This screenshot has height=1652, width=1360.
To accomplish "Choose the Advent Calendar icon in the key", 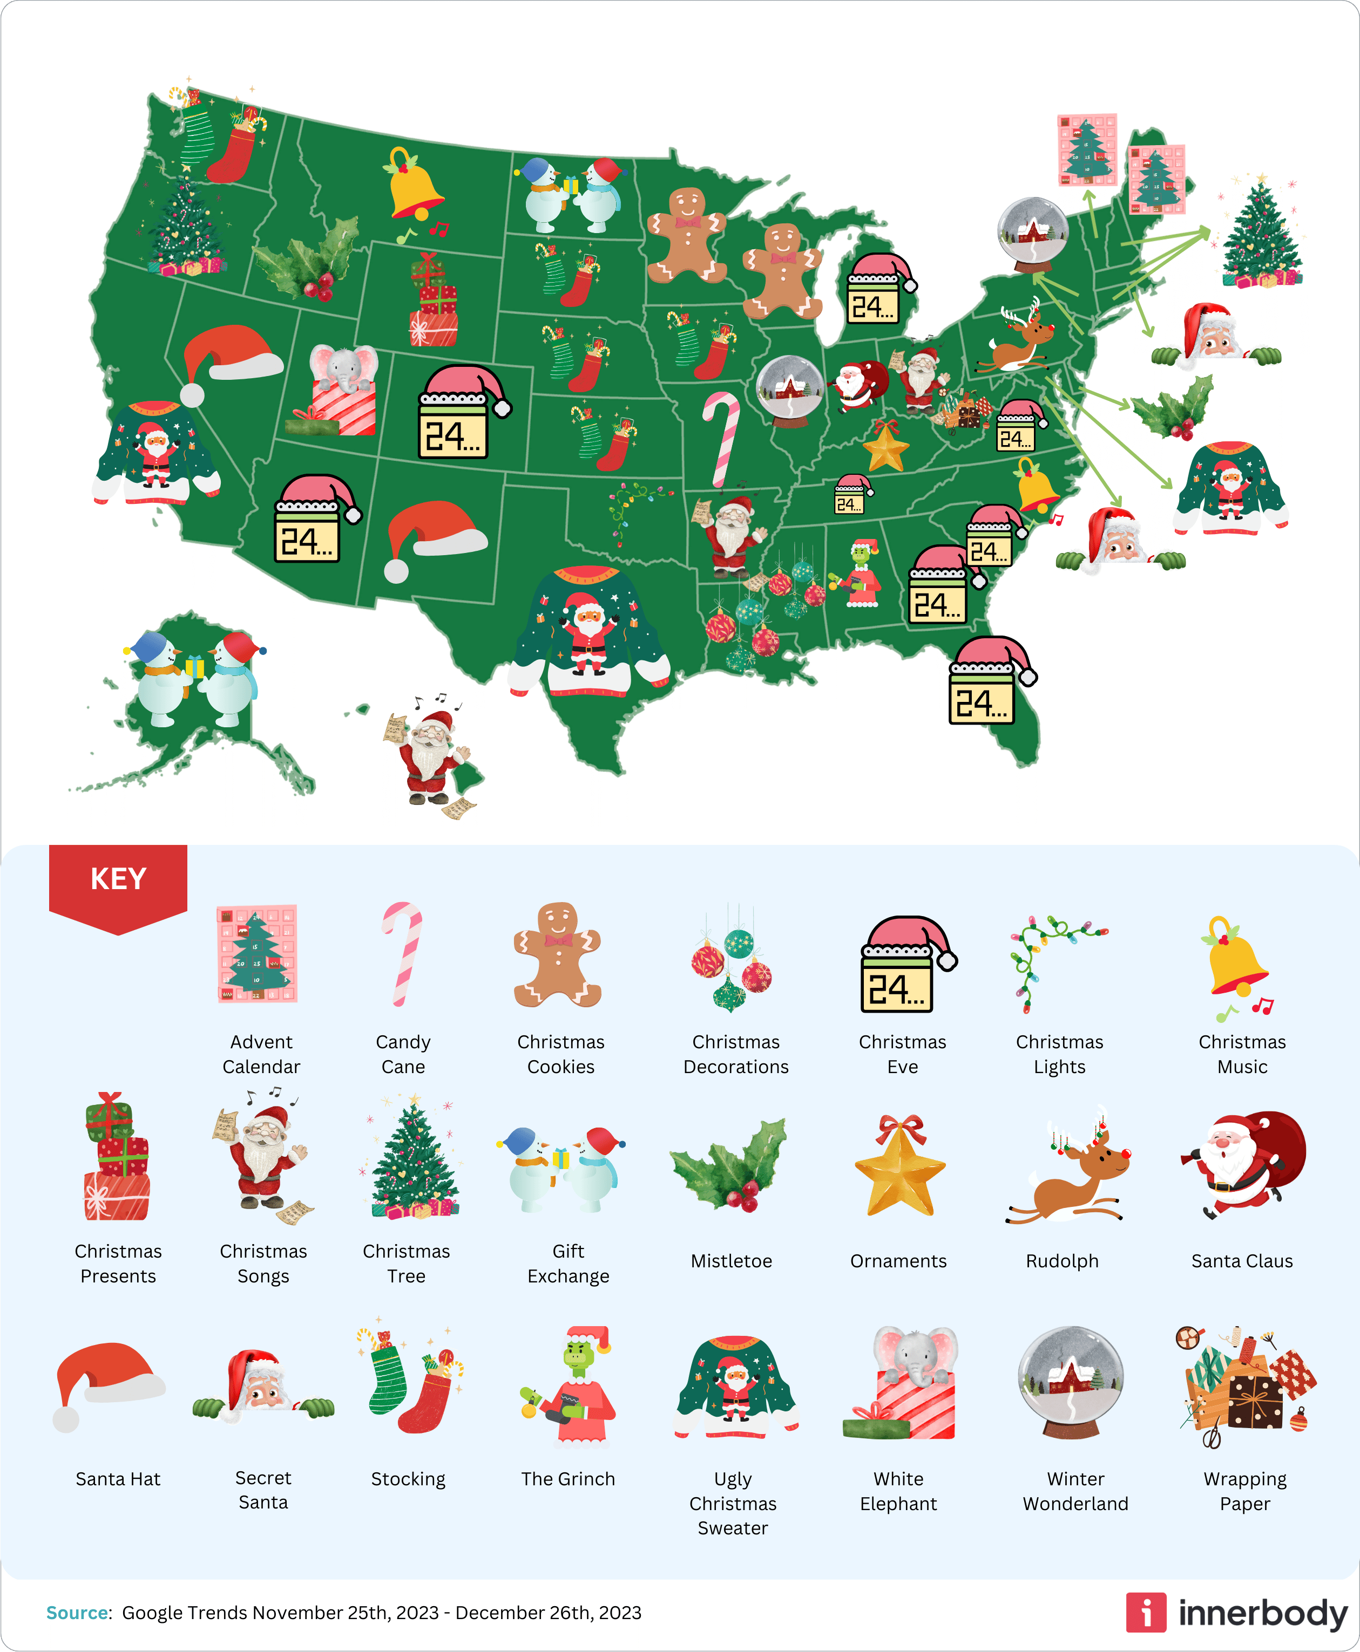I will pos(257,954).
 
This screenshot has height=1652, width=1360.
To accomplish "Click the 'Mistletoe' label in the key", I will pos(731,1260).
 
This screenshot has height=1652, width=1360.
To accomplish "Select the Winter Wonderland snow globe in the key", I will pos(1071,1382).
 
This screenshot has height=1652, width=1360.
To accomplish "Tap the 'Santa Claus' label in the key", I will pos(1242,1260).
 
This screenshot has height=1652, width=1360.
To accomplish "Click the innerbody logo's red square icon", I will pos(1145,1613).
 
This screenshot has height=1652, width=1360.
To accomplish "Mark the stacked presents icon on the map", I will pos(433,302).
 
